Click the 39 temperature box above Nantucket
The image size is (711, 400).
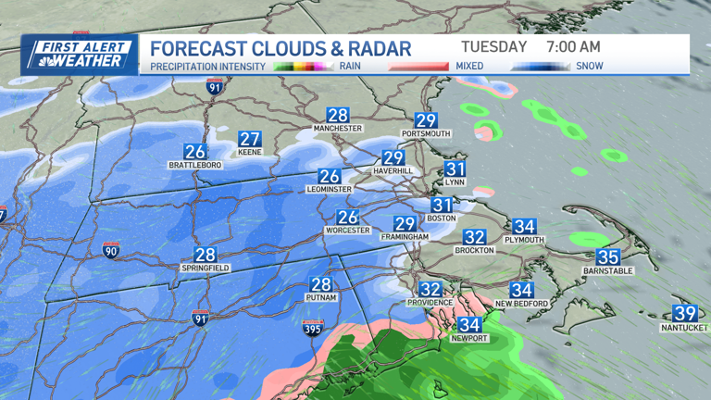pos(685,313)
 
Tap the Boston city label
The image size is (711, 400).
pos(441,219)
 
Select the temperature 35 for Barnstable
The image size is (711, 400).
pos(607,257)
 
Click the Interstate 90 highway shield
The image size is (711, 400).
pos(110,250)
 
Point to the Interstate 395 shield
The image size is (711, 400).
pos(312,327)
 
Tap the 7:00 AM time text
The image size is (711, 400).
pos(573,46)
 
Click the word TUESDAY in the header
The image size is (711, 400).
pos(493,46)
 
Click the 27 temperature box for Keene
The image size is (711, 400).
pos(250,138)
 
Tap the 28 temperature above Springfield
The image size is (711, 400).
pos(205,255)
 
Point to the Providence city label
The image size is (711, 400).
pos(430,303)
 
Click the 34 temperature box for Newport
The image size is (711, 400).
pos(470,325)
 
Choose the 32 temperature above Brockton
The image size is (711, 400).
pos(475,237)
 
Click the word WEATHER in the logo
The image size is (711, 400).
pos(92,61)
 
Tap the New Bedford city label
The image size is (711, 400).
pos(522,303)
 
